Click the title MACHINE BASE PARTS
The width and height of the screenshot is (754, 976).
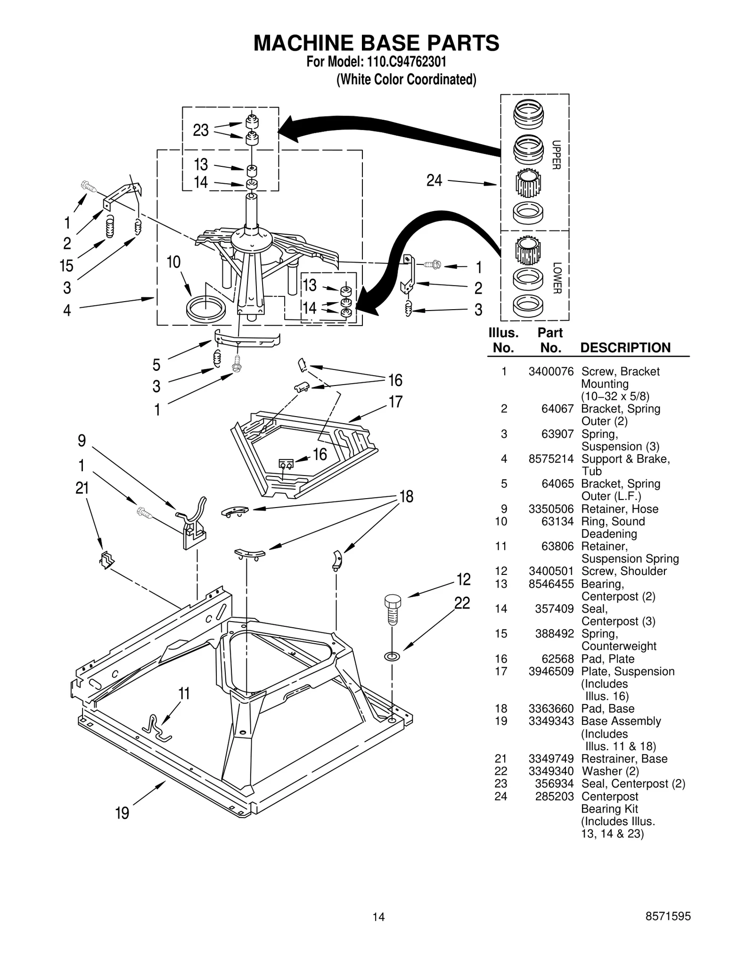pyautogui.click(x=376, y=43)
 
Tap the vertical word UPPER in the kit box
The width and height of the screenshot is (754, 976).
pyautogui.click(x=556, y=155)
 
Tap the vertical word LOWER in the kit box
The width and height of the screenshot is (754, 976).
pyautogui.click(x=557, y=278)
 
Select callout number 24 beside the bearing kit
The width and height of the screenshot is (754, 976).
pyautogui.click(x=434, y=180)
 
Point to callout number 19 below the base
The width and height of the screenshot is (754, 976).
pyautogui.click(x=122, y=813)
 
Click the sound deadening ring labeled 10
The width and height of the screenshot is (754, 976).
pyautogui.click(x=205, y=309)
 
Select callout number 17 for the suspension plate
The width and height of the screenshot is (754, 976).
pyautogui.click(x=395, y=402)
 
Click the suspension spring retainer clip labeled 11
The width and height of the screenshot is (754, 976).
pyautogui.click(x=157, y=729)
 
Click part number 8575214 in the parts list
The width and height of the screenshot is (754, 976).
pyautogui.click(x=551, y=459)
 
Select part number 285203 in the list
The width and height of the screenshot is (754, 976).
pyautogui.click(x=554, y=796)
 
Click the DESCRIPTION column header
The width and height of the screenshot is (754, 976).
pyautogui.click(x=625, y=348)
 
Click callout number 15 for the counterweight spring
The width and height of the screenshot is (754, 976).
pyautogui.click(x=66, y=266)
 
